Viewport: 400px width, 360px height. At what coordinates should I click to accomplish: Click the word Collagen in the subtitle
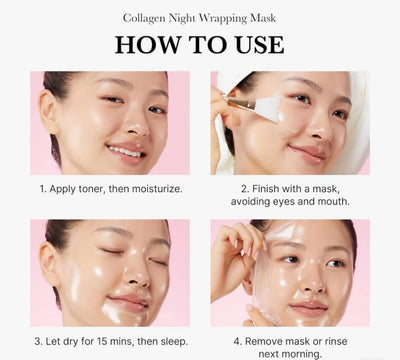click(144, 19)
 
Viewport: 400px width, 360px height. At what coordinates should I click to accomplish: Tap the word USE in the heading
click(260, 45)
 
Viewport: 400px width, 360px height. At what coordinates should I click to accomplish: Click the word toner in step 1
click(92, 189)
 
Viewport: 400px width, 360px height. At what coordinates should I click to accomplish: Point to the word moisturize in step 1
click(157, 189)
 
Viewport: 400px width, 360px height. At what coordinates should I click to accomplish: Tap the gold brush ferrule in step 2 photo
click(242, 104)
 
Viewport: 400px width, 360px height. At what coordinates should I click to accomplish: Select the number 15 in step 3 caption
click(102, 342)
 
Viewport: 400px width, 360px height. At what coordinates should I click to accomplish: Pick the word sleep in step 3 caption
click(174, 342)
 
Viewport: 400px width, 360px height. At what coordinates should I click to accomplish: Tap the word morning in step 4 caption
click(303, 354)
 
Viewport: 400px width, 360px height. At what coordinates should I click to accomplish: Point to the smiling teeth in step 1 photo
click(125, 152)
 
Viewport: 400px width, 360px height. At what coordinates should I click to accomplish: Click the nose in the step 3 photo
click(137, 272)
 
